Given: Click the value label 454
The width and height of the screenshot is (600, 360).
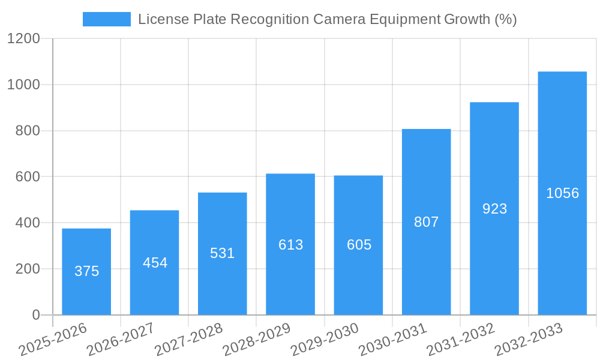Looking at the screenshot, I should coord(155,263).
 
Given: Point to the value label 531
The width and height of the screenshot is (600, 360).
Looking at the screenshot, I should coord(222,253).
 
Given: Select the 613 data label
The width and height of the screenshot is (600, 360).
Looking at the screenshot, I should coord(290,245).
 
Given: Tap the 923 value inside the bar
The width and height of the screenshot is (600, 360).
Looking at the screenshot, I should coord(494,209).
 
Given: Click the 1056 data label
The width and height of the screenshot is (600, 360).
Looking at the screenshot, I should coord(562,193).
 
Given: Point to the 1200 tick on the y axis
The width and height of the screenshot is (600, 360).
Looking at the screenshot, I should coord(23,39).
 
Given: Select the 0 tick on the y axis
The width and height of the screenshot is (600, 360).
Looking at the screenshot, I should coord(35,315).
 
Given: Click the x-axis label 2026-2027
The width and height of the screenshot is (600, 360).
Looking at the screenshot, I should coord(121,340).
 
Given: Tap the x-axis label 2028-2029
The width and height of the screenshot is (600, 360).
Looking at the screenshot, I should coord(257,340).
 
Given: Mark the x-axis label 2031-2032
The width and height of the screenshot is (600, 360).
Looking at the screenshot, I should coord(461,340).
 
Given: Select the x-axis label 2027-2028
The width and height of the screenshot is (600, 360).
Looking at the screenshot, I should coord(189,340).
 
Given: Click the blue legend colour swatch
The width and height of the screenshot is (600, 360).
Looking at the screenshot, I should coord(106,19).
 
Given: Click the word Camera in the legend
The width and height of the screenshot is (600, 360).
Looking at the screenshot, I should coord(340,19).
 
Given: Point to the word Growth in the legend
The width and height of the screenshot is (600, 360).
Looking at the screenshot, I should coord(466,19).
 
